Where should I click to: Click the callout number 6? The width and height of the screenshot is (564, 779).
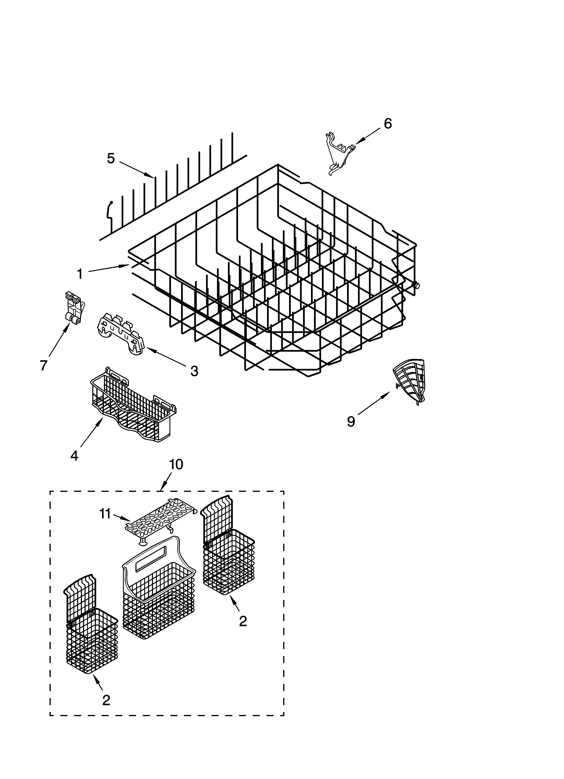coord(387,124)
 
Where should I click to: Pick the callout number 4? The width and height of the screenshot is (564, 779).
coord(74,455)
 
